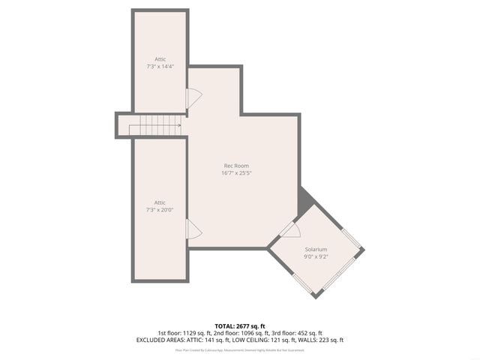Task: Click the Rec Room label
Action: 236,166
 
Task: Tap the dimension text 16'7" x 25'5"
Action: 236,173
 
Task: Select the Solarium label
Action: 316,248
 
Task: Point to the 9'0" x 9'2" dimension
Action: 316,256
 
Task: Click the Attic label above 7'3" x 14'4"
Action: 160,59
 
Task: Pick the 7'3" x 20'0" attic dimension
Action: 160,210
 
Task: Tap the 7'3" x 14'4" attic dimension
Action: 160,67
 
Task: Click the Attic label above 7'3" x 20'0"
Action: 160,202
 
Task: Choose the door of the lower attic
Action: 193,230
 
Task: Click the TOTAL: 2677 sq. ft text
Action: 239,326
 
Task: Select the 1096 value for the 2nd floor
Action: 253,333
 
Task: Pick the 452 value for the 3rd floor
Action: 307,333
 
